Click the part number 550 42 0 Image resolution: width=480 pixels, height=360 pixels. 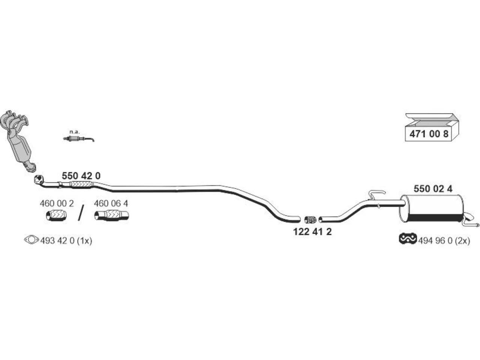tap(81, 176)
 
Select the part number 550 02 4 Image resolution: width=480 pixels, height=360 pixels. tap(433, 189)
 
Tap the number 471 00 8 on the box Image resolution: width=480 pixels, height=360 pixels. tap(429, 134)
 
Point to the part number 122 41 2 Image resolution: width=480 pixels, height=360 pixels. tap(312, 232)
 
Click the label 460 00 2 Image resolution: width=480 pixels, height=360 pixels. tap(57, 204)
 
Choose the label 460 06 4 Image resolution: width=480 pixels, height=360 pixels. tap(111, 204)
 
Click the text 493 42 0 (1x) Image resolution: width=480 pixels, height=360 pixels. tap(66, 241)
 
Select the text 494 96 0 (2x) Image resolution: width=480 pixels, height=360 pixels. tap(444, 241)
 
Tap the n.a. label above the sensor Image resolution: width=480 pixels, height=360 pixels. tap(75, 132)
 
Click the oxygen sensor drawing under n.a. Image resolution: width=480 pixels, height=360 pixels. tap(79, 139)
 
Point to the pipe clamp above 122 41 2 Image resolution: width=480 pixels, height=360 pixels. tap(310, 219)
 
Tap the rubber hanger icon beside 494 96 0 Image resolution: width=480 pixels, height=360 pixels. tap(408, 238)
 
